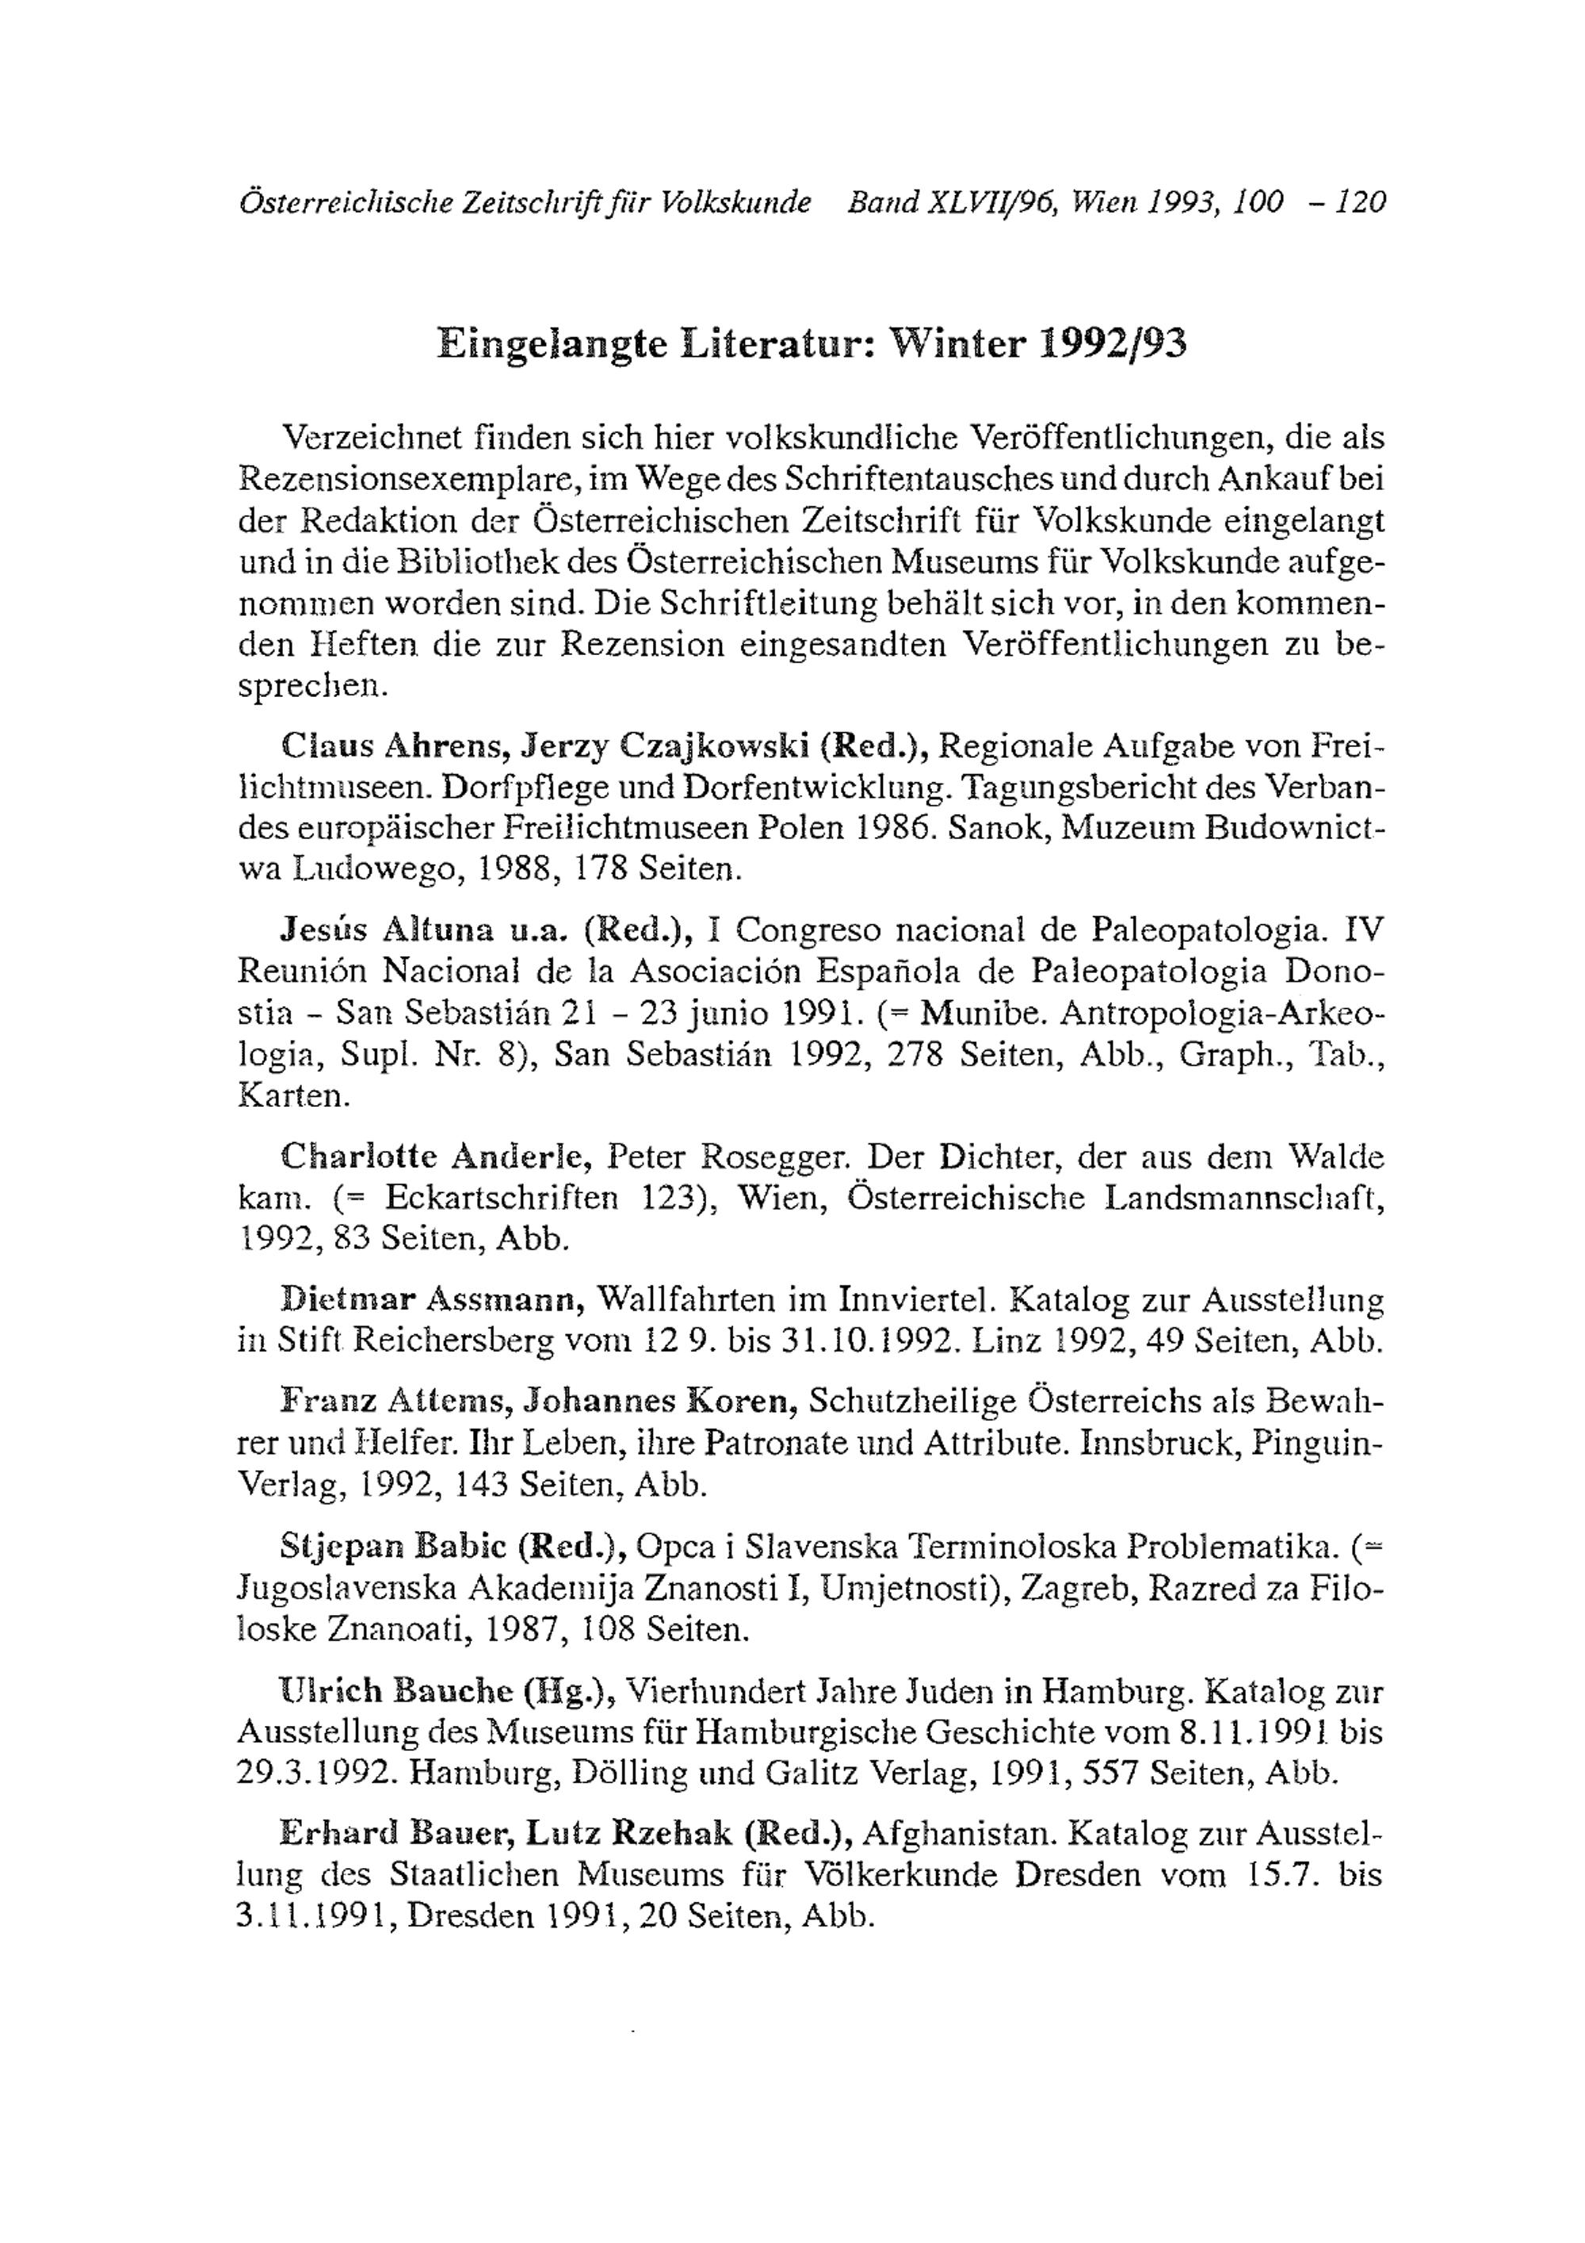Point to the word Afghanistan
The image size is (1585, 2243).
point(957,1834)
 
